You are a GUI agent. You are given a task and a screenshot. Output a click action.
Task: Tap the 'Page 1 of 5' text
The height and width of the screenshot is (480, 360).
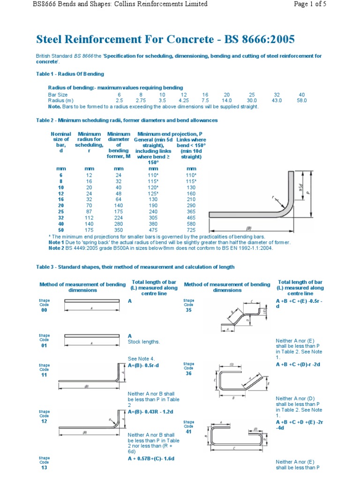(330, 4)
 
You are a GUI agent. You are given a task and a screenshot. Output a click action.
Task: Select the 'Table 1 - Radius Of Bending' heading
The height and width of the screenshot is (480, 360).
(70, 74)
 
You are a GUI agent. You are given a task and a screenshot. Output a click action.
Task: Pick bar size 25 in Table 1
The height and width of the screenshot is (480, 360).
(251, 95)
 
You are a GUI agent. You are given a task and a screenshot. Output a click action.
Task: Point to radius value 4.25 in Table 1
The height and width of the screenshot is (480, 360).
(184, 100)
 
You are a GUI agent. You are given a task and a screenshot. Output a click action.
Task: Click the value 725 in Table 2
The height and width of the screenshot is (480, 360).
(191, 230)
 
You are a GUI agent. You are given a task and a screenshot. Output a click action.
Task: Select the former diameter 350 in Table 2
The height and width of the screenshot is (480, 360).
(118, 230)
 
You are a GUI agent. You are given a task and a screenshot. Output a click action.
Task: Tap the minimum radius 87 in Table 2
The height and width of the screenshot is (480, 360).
(89, 211)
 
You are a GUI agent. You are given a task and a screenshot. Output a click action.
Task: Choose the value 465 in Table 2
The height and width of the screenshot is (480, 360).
(191, 217)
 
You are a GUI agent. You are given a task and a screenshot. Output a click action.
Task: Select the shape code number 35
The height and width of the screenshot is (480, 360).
(188, 310)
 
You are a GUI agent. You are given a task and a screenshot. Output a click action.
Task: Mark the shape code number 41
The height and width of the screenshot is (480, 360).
(188, 432)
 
